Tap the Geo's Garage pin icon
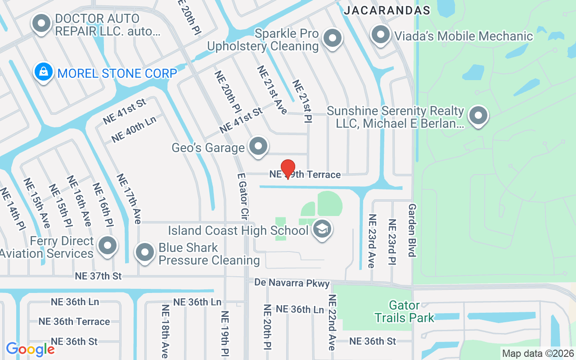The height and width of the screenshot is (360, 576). point(258,147)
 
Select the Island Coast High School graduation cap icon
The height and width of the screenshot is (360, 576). point(322,229)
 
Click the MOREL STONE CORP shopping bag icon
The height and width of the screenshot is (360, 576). point(44,72)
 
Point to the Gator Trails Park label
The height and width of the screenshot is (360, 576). point(405,312)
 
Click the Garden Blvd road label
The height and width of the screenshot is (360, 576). point(412,230)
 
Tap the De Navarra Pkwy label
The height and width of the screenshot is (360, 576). point(292,283)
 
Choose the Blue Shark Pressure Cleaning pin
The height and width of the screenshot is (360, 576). point(145,252)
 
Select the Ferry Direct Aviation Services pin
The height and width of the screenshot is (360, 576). point(108,245)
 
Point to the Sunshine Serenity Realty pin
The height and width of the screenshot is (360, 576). point(478,115)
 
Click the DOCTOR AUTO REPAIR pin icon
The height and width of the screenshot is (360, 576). point(42,23)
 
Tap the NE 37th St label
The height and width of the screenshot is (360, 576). point(99,276)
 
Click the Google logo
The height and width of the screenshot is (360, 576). point(30,349)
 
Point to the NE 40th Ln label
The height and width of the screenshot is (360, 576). point(134,129)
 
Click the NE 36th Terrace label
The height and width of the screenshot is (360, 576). point(74,321)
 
